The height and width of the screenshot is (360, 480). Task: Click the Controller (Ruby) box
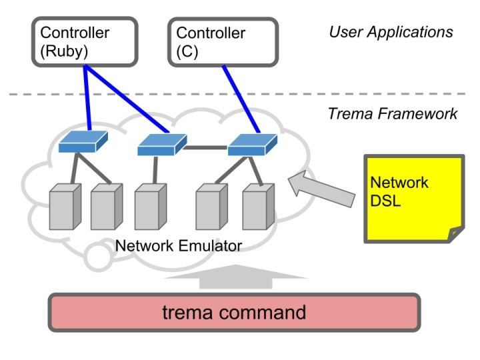click(x=85, y=41)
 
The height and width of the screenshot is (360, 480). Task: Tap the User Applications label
click(x=391, y=32)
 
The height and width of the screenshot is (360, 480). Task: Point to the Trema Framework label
click(x=392, y=114)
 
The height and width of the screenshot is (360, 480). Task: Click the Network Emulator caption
click(x=179, y=246)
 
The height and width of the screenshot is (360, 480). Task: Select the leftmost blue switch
click(x=77, y=142)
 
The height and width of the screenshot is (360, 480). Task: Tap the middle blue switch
click(x=159, y=145)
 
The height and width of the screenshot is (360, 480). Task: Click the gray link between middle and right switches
click(x=205, y=147)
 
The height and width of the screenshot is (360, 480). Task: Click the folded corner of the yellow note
click(x=455, y=235)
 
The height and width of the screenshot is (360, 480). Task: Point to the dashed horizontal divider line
click(x=167, y=94)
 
